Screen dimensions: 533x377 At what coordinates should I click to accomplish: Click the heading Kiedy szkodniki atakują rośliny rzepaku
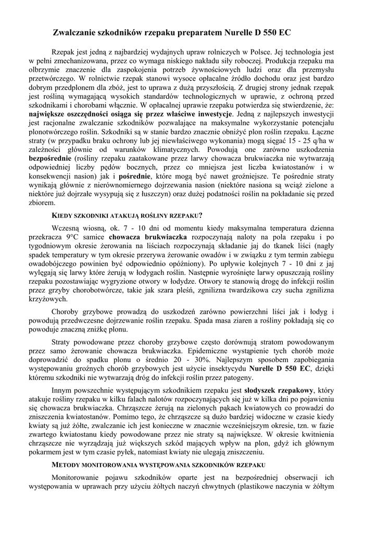pos(127,215)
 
